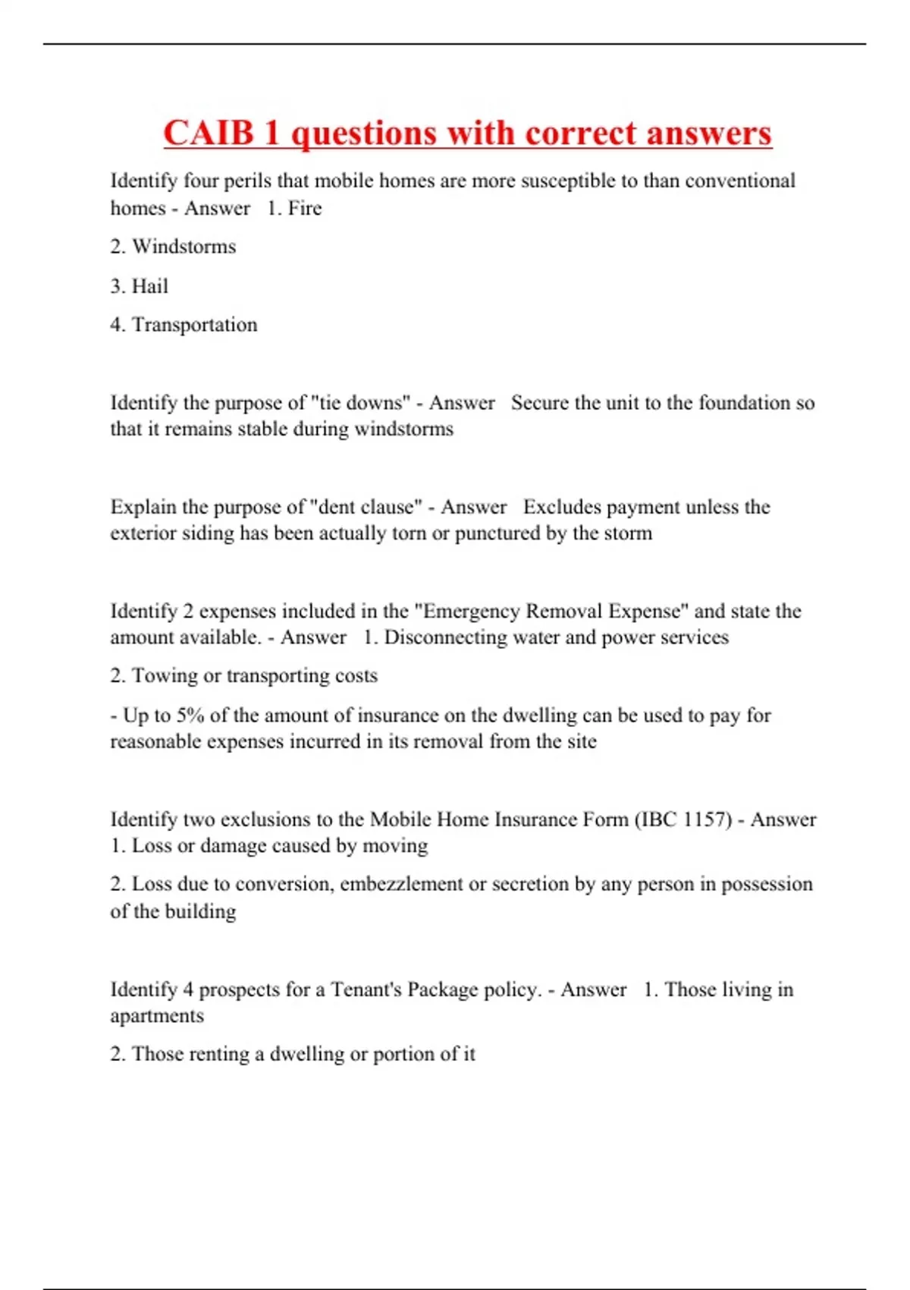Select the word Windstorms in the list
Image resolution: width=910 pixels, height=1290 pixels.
[184, 247]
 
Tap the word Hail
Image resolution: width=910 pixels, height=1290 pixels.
[150, 286]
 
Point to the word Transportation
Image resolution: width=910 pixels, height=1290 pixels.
[195, 325]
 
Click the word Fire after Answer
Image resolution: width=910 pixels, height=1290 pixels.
[305, 208]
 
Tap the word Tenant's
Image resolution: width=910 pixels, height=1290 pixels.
[366, 990]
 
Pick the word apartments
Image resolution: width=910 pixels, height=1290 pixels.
[157, 1016]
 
